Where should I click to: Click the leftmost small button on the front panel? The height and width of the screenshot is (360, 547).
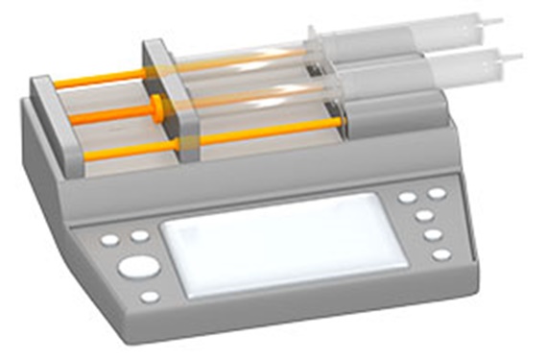pyautogui.click(x=110, y=240)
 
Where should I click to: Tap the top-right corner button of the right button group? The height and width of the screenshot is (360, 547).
pyautogui.click(x=438, y=193)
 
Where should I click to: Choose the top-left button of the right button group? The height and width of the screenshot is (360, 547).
pyautogui.click(x=408, y=198)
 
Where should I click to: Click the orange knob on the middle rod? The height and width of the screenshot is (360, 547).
pyautogui.click(x=154, y=105)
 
